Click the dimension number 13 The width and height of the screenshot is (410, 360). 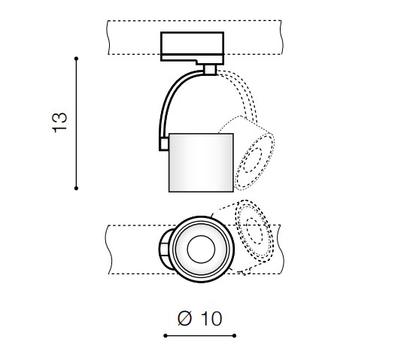coord(59,123)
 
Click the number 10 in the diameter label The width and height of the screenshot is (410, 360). coord(211,319)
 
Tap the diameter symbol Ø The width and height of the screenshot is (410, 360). coord(185,318)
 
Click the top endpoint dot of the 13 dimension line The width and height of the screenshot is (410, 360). coord(76,59)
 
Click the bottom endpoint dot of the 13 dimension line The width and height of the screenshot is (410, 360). coord(76,188)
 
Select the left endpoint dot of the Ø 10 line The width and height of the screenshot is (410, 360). coord(166,336)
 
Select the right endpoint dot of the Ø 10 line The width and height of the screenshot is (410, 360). coord(234,336)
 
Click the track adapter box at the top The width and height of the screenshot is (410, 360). coord(192,47)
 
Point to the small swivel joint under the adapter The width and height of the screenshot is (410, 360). coord(210,70)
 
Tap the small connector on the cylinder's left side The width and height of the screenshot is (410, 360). coord(164,144)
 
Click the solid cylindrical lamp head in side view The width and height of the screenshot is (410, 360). coord(201,163)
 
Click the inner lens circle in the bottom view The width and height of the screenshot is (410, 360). coord(201,250)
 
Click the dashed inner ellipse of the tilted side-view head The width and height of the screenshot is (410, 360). coord(252,160)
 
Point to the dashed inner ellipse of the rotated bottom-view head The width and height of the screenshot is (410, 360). coord(254,231)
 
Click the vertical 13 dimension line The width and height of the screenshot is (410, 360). coord(76,123)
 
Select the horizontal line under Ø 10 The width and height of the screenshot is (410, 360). coord(200,336)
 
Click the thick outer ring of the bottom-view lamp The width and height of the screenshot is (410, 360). coord(201,217)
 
